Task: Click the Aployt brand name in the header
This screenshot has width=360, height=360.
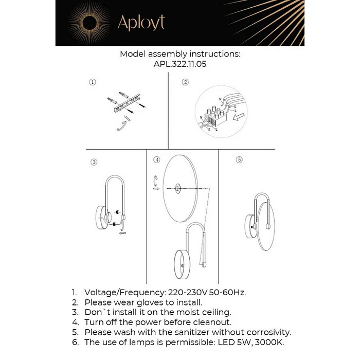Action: (x=141, y=23)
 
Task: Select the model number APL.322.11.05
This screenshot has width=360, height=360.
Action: (x=180, y=65)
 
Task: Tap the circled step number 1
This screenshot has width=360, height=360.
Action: (x=92, y=82)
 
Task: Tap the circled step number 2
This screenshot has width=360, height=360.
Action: (x=185, y=82)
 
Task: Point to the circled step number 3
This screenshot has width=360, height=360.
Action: (x=94, y=162)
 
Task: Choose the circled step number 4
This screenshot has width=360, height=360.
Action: (x=157, y=160)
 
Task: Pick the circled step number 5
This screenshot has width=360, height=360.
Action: (x=239, y=160)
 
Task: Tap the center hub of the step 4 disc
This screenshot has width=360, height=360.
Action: (x=177, y=189)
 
